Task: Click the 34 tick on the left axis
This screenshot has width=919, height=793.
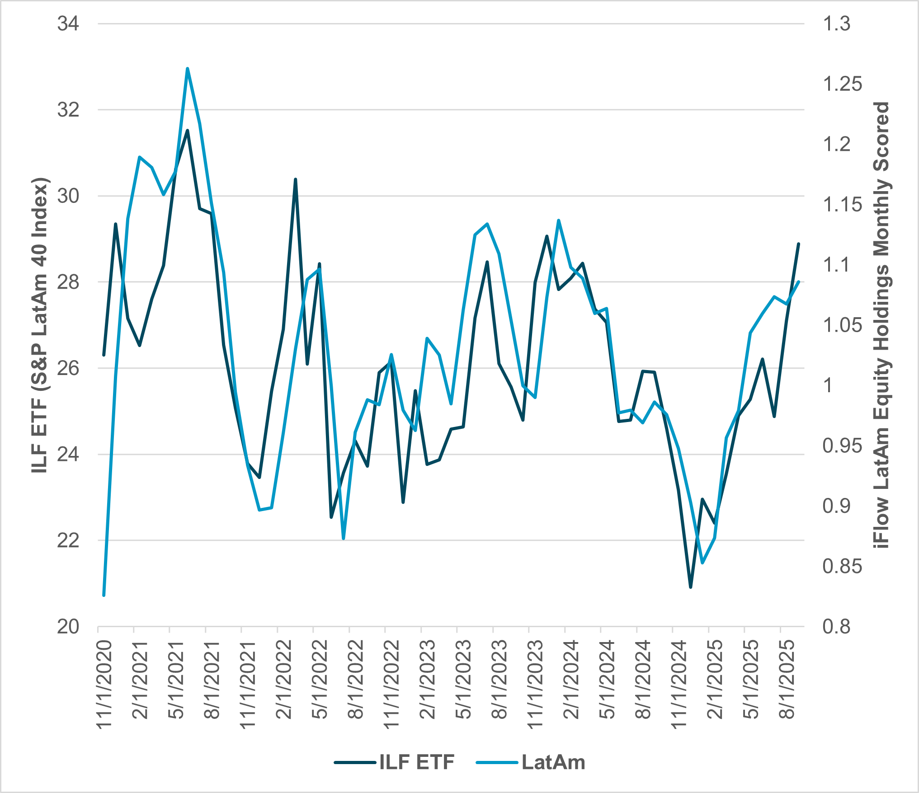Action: [68, 23]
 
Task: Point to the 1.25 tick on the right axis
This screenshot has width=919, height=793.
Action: [842, 84]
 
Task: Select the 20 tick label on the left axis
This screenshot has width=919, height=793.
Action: [68, 627]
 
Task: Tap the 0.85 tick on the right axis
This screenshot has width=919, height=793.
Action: [842, 566]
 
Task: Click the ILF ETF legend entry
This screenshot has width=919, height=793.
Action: [394, 762]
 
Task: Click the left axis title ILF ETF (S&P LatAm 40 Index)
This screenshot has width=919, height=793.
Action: [40, 325]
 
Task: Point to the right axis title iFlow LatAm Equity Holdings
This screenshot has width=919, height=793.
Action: [881, 325]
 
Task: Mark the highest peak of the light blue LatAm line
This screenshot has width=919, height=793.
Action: [187, 69]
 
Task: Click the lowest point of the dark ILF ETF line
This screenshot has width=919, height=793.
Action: [691, 587]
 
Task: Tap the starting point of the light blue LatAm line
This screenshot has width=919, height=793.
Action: [104, 596]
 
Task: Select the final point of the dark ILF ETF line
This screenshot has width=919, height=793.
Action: [799, 244]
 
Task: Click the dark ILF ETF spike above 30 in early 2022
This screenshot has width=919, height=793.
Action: [296, 179]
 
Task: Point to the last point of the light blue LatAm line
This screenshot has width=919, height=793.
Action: [799, 282]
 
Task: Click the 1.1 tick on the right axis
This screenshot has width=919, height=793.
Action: [837, 265]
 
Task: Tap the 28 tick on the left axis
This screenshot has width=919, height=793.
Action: [68, 282]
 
